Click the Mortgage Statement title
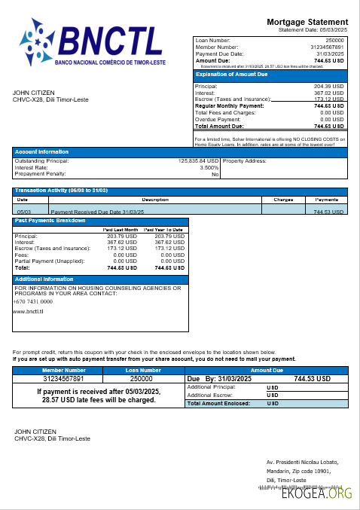tap(307, 22)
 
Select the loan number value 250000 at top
tap(334, 39)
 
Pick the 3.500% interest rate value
tap(209, 167)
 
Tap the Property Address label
tap(245, 160)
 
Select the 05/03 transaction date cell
tap(23, 212)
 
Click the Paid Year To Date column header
tap(163, 229)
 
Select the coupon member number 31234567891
tap(64, 378)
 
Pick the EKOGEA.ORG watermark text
tap(316, 494)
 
